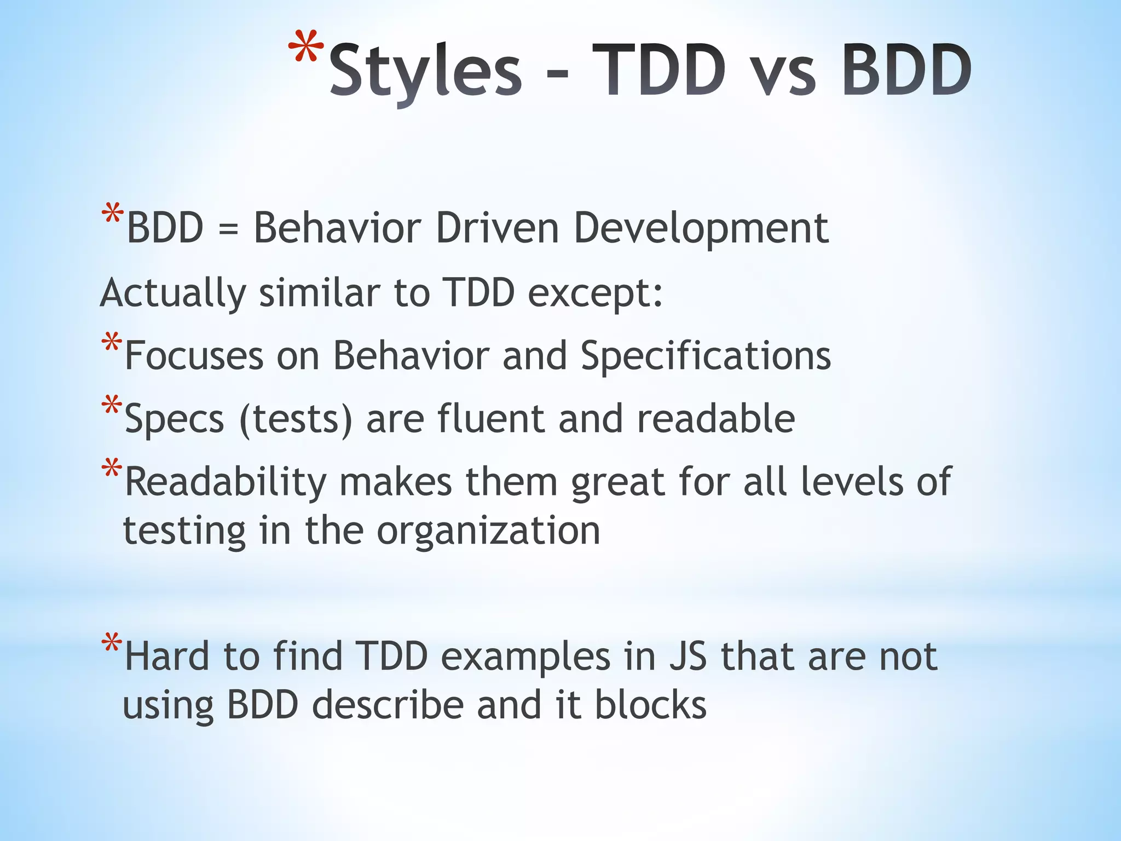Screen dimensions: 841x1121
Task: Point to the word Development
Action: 701,229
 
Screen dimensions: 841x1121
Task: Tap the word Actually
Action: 173,293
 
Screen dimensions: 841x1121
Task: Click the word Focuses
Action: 194,356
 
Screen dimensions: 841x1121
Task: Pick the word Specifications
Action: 706,356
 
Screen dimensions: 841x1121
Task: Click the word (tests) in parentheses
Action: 296,419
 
